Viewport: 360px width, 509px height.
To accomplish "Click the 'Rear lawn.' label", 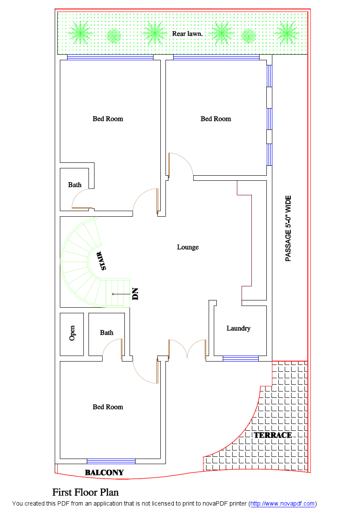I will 187,33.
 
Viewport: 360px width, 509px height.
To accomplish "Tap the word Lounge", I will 188,247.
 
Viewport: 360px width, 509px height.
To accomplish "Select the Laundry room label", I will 238,328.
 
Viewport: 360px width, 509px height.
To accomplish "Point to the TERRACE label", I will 273,435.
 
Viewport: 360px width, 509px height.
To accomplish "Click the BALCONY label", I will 104,472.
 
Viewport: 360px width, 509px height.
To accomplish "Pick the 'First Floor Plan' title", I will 86,492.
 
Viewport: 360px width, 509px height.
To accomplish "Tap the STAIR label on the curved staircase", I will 103,261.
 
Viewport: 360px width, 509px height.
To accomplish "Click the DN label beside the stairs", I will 136,294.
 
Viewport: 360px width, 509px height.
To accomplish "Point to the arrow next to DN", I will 119,294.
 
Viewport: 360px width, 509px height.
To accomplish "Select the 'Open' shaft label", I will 72,333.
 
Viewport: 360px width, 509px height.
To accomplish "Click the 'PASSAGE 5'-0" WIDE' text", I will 288,228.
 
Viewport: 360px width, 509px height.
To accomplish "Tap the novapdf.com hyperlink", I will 282,504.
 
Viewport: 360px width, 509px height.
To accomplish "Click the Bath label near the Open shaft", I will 107,332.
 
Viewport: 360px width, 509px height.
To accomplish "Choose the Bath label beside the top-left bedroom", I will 75,185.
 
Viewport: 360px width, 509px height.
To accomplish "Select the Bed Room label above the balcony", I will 108,407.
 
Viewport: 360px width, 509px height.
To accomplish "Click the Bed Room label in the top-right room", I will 215,119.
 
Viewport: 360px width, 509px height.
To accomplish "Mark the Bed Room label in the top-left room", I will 108,119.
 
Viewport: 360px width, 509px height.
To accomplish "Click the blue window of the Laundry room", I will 241,358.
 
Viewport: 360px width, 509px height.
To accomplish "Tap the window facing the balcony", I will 111,461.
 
